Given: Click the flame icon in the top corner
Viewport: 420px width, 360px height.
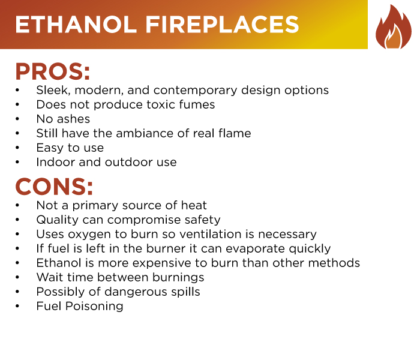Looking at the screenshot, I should [393, 27].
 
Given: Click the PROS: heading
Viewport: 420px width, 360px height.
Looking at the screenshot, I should [53, 71].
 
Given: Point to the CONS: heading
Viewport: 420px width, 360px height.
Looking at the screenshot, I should [55, 187].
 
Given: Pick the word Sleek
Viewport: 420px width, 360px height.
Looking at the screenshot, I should [52, 91].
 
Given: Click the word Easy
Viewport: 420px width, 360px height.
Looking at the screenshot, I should [49, 148].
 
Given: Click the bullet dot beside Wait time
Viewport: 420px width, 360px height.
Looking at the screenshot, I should [18, 278].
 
